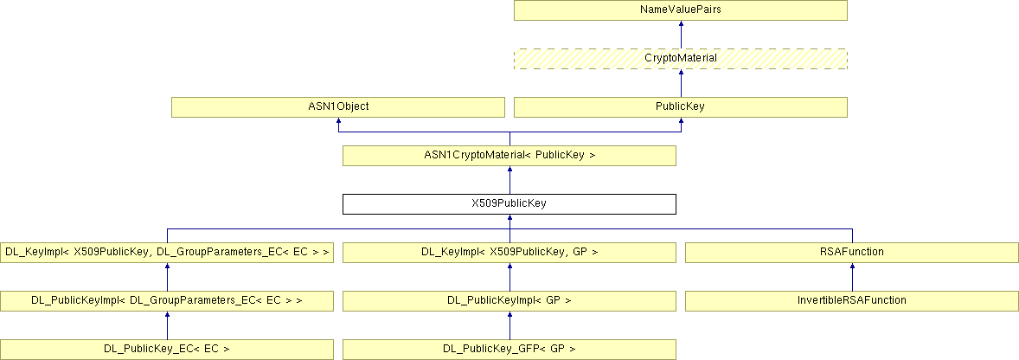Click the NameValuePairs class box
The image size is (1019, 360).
tap(681, 10)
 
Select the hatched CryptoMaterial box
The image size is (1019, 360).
tap(681, 59)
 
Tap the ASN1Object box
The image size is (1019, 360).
tap(337, 107)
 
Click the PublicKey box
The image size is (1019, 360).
tap(681, 107)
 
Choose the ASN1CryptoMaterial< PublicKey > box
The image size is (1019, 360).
tap(509, 156)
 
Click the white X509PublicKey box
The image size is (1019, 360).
tap(509, 204)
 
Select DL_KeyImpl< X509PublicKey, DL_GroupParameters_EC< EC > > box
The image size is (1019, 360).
tap(167, 253)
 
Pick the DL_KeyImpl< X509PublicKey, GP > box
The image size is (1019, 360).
tap(509, 253)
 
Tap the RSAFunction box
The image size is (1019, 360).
tap(852, 253)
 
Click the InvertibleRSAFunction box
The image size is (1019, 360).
tap(852, 301)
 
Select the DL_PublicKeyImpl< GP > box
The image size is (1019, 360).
tap(509, 301)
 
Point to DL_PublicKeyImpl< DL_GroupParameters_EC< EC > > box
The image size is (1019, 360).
tap(167, 301)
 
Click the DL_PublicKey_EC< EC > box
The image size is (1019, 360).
tap(167, 350)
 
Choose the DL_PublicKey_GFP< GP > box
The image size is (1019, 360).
tap(509, 350)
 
